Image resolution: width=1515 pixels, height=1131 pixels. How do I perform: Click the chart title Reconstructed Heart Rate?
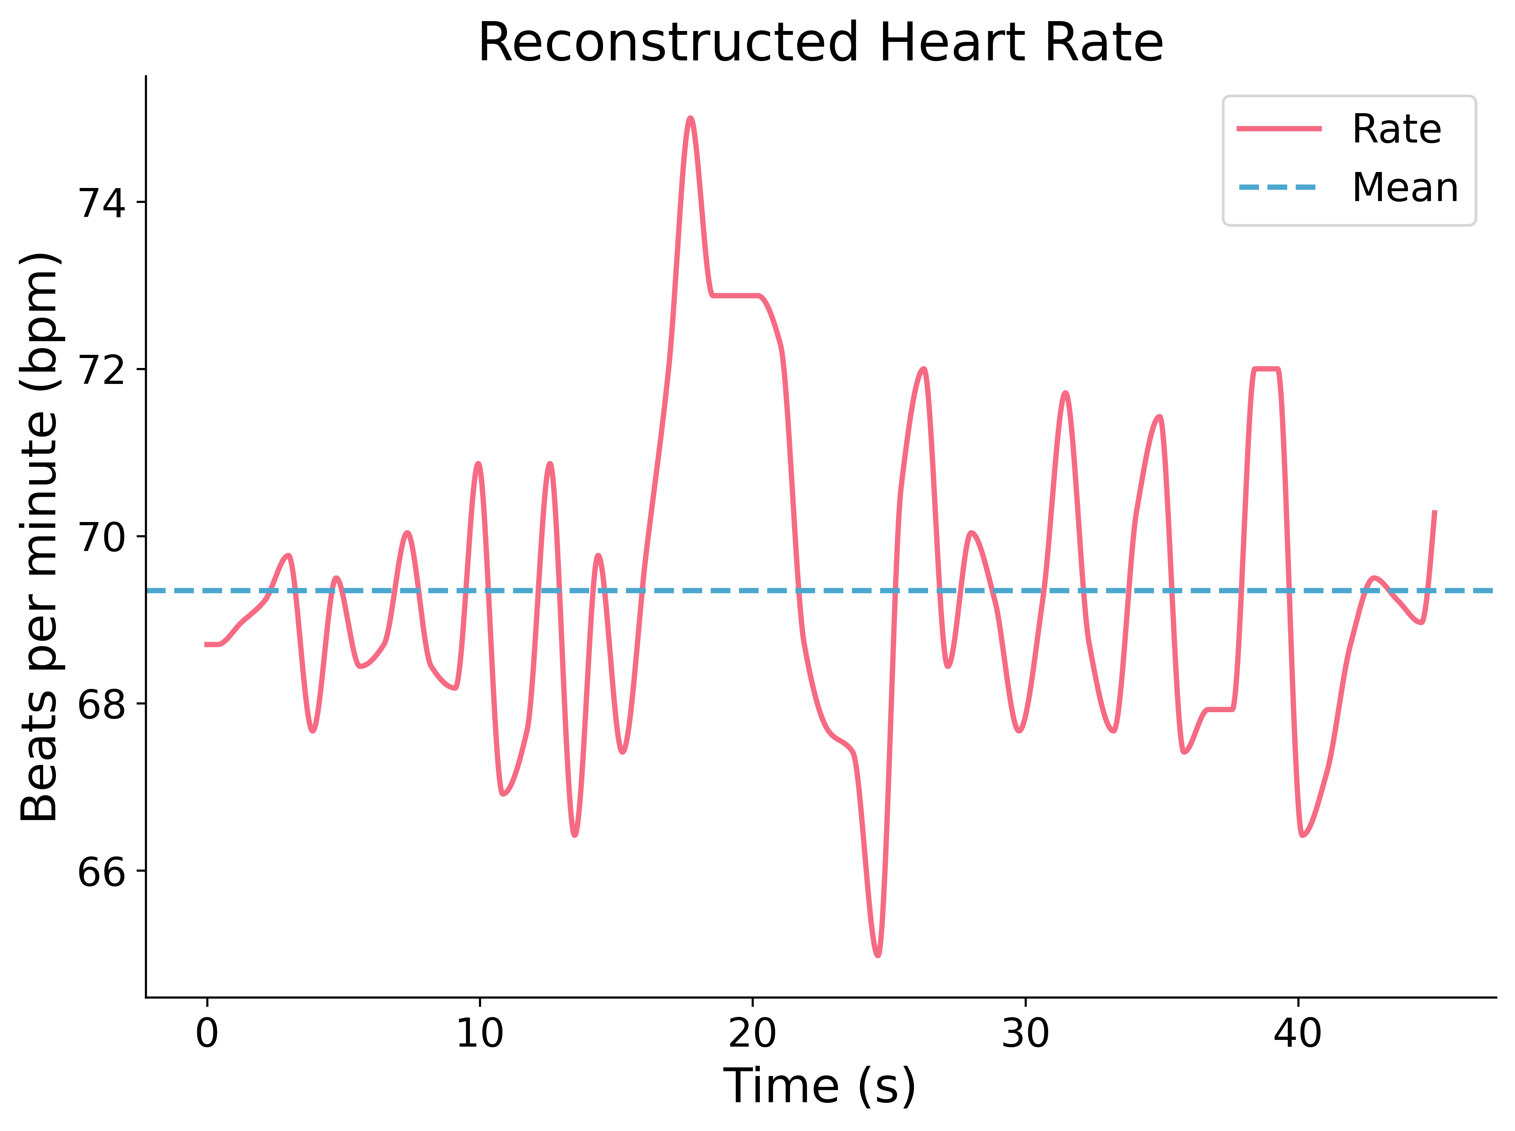[x=820, y=43]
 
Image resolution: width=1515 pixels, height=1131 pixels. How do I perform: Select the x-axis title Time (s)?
[x=820, y=1085]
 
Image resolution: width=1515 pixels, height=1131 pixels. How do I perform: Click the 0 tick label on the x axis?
[x=207, y=1033]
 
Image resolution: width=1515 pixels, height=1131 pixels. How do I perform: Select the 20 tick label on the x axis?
[x=752, y=1033]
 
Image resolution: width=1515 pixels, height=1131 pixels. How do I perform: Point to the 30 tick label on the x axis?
[x=1025, y=1033]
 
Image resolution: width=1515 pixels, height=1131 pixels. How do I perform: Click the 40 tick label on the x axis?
[x=1297, y=1033]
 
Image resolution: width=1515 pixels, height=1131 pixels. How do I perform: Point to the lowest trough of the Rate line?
[x=878, y=954]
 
